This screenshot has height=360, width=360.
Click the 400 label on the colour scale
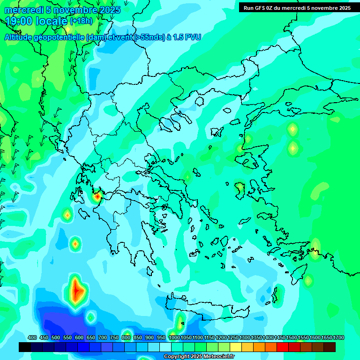click(x=32, y=337)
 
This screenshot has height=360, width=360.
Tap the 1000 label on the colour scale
click(x=174, y=337)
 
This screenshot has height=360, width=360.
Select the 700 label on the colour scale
click(x=103, y=337)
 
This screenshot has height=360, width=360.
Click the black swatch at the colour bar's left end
click(x=25, y=347)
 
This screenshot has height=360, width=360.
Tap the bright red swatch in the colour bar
click(x=283, y=347)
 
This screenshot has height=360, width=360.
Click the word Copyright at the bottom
click(x=177, y=357)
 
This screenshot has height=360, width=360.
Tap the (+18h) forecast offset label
click(x=81, y=21)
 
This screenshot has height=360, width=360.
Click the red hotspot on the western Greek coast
click(x=97, y=197)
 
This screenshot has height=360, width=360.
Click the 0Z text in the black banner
click(x=272, y=8)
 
